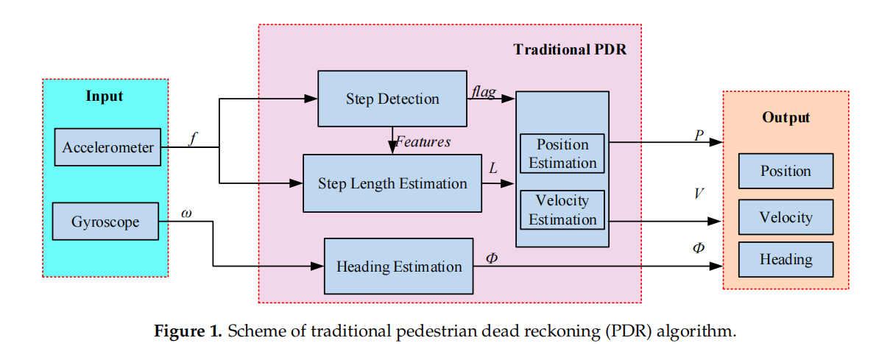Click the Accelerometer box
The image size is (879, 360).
point(107,147)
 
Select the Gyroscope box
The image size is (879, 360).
point(105,222)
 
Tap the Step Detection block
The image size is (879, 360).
point(392,99)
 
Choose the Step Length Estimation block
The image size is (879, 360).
point(392,183)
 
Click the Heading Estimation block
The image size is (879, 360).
point(399,267)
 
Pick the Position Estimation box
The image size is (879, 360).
point(562,154)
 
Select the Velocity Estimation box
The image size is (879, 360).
point(562,211)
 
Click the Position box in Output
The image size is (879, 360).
point(786,172)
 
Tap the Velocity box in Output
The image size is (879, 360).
point(786,217)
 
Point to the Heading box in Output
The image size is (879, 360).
point(786,259)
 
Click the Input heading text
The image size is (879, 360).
point(105,96)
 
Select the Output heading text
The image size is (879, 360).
point(786,118)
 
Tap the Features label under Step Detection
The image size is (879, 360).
point(423,141)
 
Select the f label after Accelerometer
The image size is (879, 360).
point(192,138)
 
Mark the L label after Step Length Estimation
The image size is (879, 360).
point(493,169)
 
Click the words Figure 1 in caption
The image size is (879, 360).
point(187,331)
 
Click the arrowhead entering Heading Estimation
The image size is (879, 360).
point(320,267)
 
